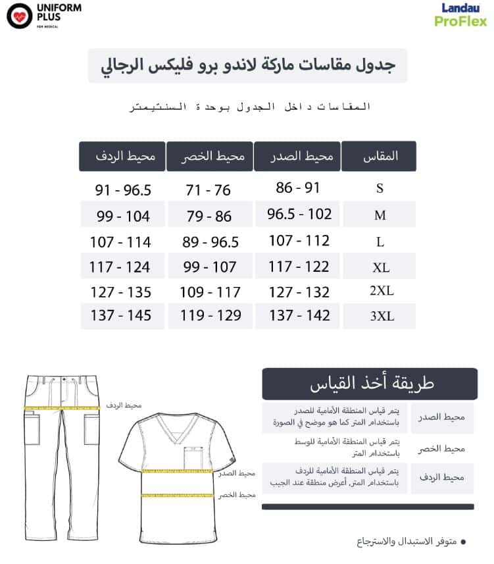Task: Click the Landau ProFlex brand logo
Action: coord(460,14)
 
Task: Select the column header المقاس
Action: coord(379,157)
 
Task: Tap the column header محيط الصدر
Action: coord(297,157)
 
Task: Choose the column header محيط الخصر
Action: coord(209,157)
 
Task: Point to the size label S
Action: coord(380,188)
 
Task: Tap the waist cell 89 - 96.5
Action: coord(210,242)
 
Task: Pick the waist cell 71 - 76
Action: coord(209,190)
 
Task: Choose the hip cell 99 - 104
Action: coord(123,216)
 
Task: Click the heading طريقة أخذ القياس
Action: coord(370,384)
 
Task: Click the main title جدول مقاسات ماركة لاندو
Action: coord(247,65)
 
